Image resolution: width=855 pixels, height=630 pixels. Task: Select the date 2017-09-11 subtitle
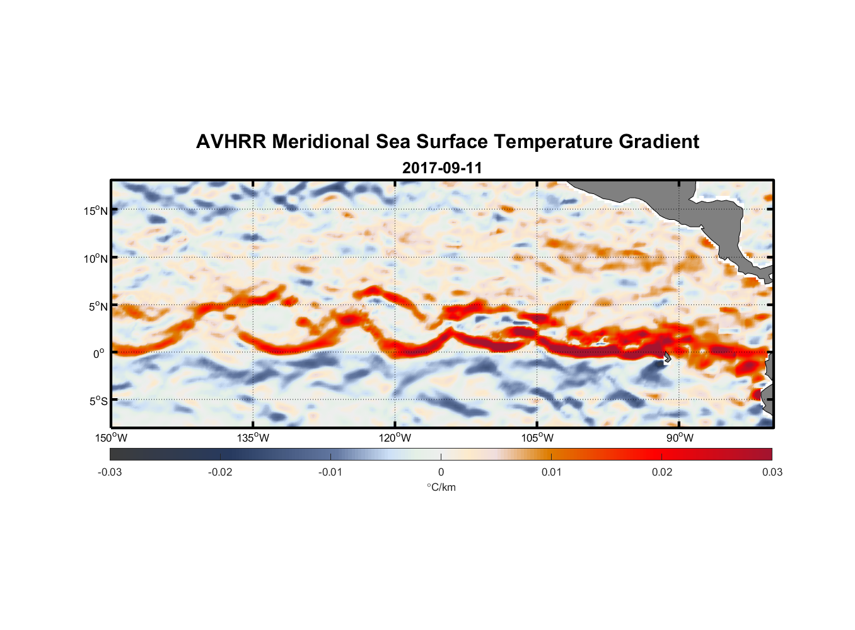click(x=442, y=168)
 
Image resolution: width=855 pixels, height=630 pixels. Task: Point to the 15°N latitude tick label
click(x=96, y=210)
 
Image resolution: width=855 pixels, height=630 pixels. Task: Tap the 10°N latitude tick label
click(x=96, y=258)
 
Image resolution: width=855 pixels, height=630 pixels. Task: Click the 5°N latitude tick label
click(x=98, y=306)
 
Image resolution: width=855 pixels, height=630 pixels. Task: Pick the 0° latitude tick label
click(x=99, y=353)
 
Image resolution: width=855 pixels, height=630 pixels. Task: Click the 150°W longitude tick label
click(x=111, y=438)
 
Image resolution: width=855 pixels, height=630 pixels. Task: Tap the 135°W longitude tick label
click(x=253, y=438)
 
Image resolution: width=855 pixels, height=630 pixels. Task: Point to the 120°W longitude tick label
click(x=395, y=438)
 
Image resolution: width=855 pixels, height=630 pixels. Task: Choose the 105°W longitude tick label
click(x=537, y=438)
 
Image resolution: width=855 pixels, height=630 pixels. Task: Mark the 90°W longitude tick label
click(x=680, y=438)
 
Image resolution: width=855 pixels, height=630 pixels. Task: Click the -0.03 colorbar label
click(x=110, y=472)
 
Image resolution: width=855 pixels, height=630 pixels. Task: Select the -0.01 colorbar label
click(x=330, y=472)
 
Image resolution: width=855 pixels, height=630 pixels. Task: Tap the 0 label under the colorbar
click(x=441, y=472)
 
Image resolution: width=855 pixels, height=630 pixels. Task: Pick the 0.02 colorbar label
click(x=662, y=472)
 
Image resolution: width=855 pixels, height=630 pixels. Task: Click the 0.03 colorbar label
click(x=772, y=472)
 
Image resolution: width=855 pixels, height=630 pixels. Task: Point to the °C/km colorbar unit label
click(x=441, y=487)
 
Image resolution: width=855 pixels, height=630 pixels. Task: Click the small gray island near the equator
click(x=667, y=358)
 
